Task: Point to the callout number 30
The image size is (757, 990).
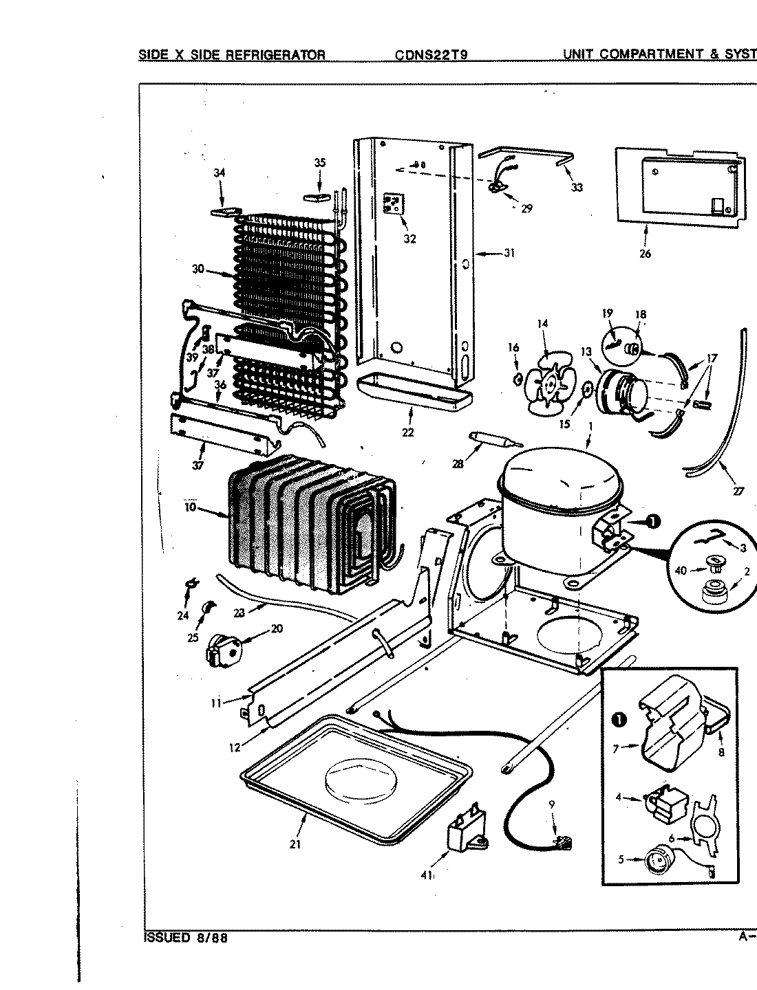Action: tap(198, 269)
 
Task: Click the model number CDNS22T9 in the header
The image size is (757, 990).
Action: tap(431, 55)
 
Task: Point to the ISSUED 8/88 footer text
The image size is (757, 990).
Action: tap(186, 938)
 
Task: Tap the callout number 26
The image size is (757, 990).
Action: tap(645, 253)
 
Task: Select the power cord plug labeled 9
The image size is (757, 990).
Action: tap(563, 841)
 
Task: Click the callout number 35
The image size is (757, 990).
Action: tap(320, 163)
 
